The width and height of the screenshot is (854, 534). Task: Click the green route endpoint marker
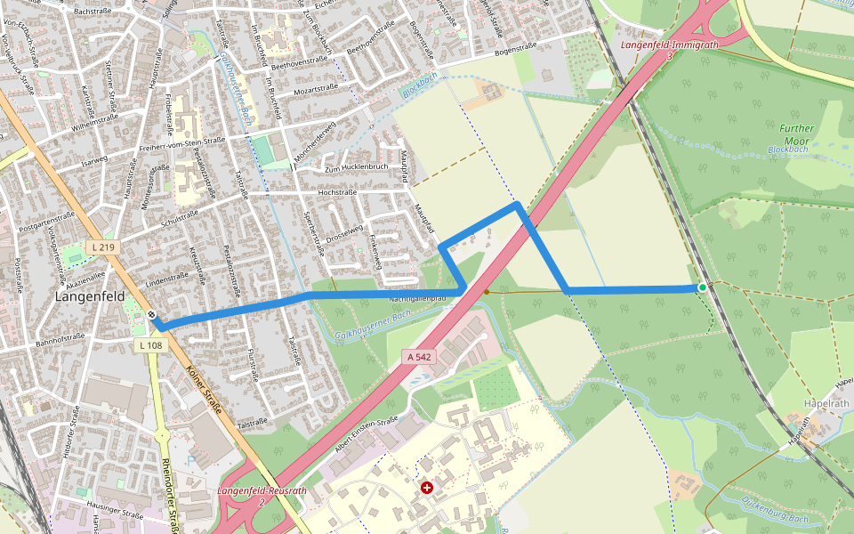tap(703, 287)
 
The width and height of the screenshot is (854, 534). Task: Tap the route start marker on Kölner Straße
tap(153, 314)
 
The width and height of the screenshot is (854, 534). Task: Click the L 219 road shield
tap(103, 246)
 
